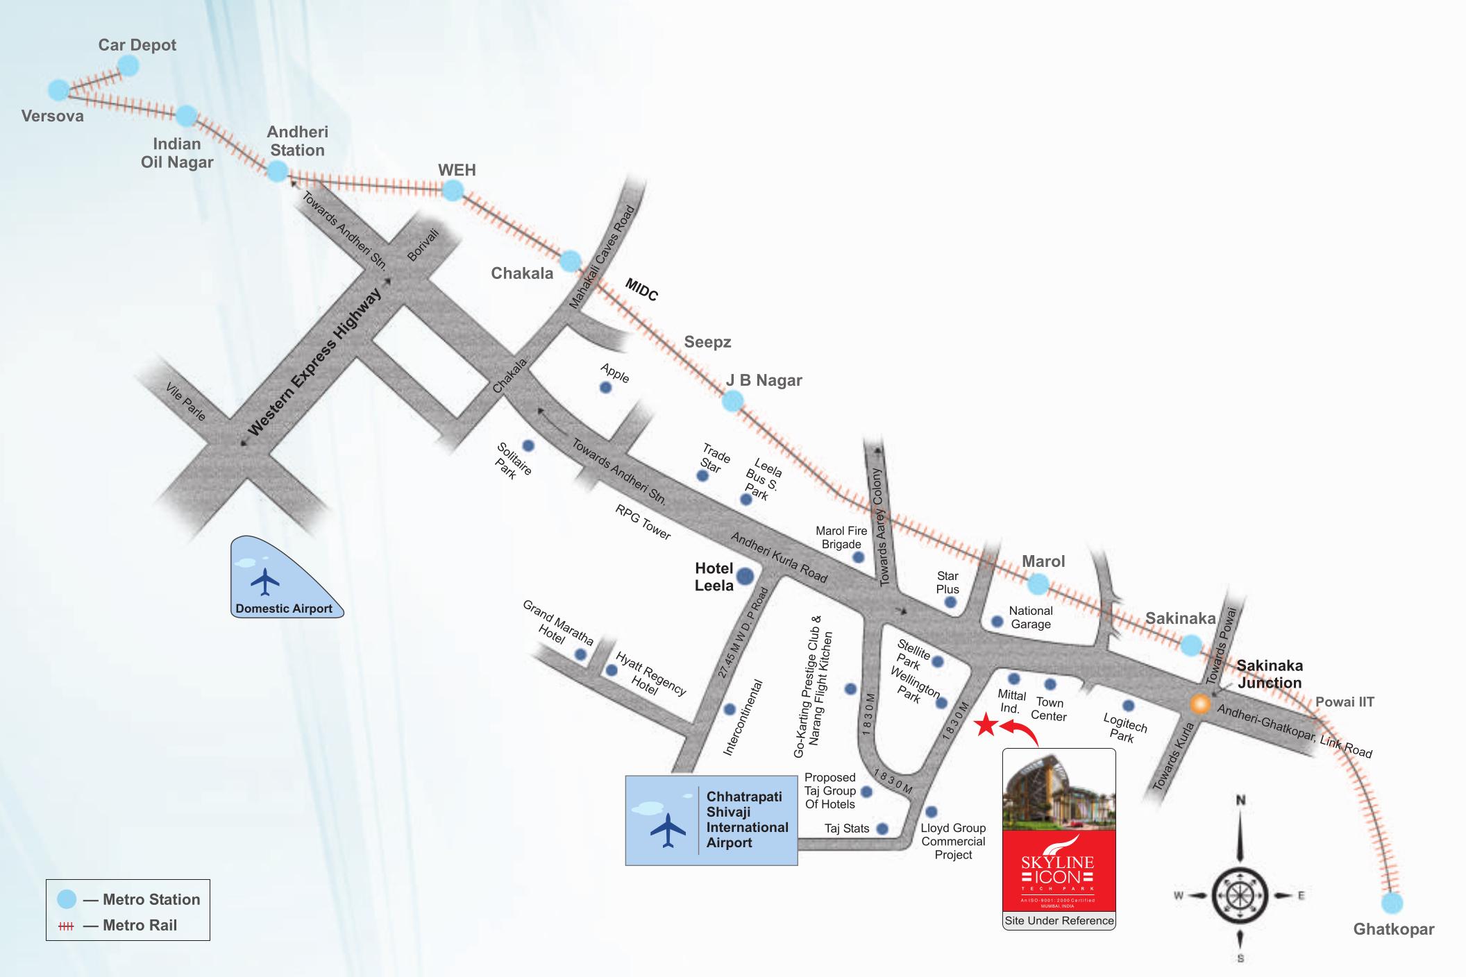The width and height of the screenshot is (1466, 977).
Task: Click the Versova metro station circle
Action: pos(59,90)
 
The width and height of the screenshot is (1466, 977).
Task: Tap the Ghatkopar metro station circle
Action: pos(1392,903)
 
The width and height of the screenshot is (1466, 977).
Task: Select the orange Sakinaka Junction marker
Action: pos(1199,704)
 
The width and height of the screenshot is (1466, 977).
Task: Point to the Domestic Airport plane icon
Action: pos(264,581)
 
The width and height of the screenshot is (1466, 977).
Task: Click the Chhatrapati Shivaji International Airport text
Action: pos(747,819)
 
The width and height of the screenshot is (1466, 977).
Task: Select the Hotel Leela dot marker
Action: pos(745,576)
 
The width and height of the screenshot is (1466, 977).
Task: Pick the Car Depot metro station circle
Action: pos(128,66)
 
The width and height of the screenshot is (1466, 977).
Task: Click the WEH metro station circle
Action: pos(453,189)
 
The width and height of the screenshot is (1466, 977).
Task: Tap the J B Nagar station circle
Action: pos(732,401)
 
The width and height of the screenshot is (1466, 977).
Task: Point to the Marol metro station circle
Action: pos(1038,584)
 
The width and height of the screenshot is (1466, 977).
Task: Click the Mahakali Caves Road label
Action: pos(602,257)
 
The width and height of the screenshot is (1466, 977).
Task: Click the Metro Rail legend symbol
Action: pos(66,926)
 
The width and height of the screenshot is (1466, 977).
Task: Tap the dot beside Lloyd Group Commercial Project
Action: pos(932,812)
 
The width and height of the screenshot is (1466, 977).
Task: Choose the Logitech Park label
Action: pos(1124,728)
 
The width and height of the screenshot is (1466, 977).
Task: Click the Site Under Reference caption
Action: pos(1059,921)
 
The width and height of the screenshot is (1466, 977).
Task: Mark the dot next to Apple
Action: pos(605,387)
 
